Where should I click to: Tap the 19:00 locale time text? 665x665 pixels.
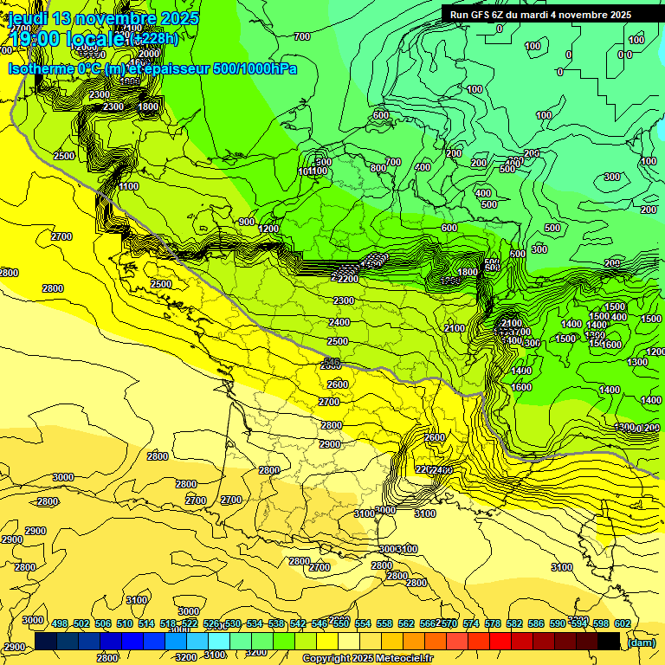coord(66,38)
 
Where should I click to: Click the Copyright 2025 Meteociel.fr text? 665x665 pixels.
coord(368,659)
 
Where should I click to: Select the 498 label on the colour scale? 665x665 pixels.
coord(60,623)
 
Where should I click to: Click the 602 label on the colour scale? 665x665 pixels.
coord(623,623)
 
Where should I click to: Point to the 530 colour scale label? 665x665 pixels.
coord(233,623)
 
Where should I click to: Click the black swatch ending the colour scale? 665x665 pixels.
coord(609,641)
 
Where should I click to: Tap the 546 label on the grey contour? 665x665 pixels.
coord(331,362)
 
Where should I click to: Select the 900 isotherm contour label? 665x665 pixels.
coord(247,222)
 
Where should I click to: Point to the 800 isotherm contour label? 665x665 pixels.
coord(378,168)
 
